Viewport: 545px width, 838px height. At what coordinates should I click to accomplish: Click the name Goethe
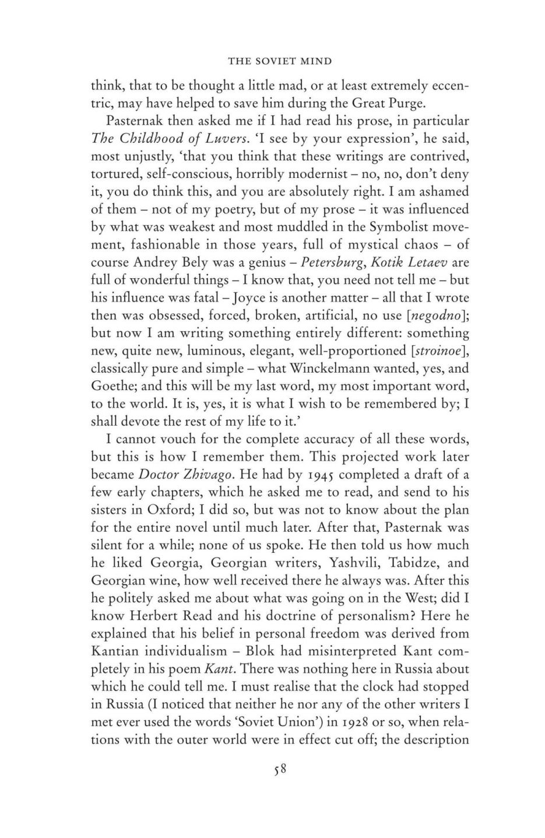click(x=112, y=386)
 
